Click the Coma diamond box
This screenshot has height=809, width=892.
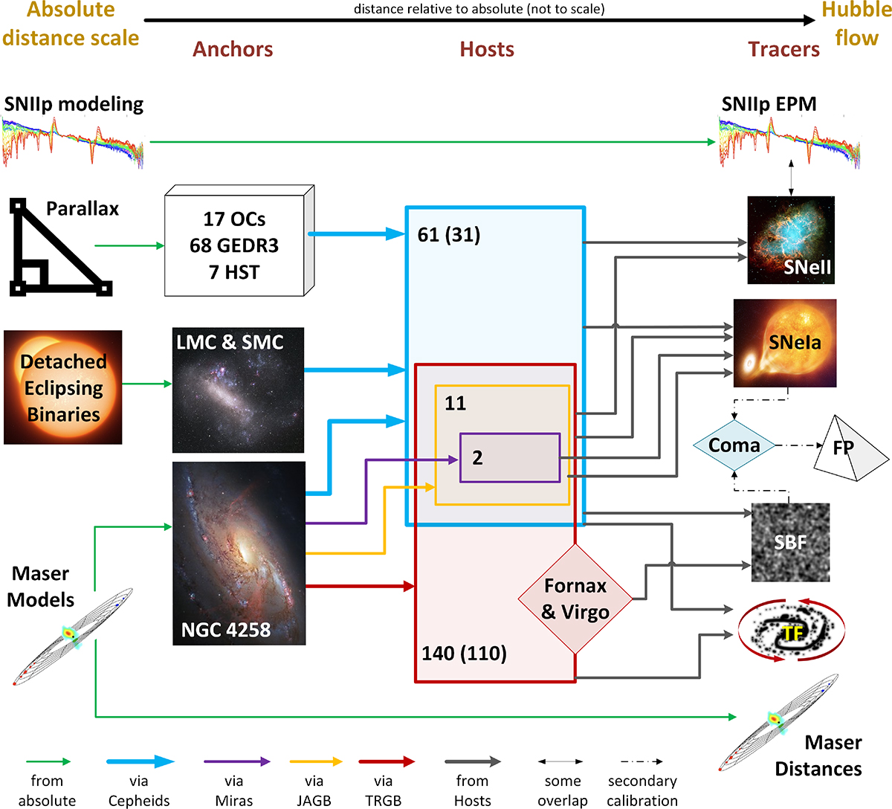pyautogui.click(x=734, y=445)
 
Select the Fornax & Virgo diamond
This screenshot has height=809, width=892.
pyautogui.click(x=575, y=599)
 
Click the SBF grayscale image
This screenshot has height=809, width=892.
pyautogui.click(x=790, y=542)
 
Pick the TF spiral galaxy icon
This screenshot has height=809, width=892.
pyautogui.click(x=792, y=633)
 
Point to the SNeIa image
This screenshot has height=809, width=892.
pyautogui.click(x=785, y=343)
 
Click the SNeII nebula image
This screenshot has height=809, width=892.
pyautogui.click(x=791, y=240)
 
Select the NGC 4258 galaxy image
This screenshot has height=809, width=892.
pyautogui.click(x=239, y=552)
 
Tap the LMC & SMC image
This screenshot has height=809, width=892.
pyautogui.click(x=238, y=390)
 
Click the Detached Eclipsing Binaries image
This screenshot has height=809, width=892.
pyautogui.click(x=63, y=387)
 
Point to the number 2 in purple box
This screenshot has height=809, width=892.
pyautogui.click(x=477, y=458)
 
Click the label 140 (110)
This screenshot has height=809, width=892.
pyautogui.click(x=464, y=654)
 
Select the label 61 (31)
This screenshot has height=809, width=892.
pyautogui.click(x=449, y=235)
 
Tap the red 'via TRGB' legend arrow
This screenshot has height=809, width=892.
pyautogui.click(x=386, y=761)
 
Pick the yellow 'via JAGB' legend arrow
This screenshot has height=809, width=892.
pyautogui.click(x=315, y=761)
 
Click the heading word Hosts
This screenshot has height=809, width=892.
pyautogui.click(x=487, y=49)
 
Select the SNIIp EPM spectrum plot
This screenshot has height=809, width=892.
pyautogui.click(x=789, y=141)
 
